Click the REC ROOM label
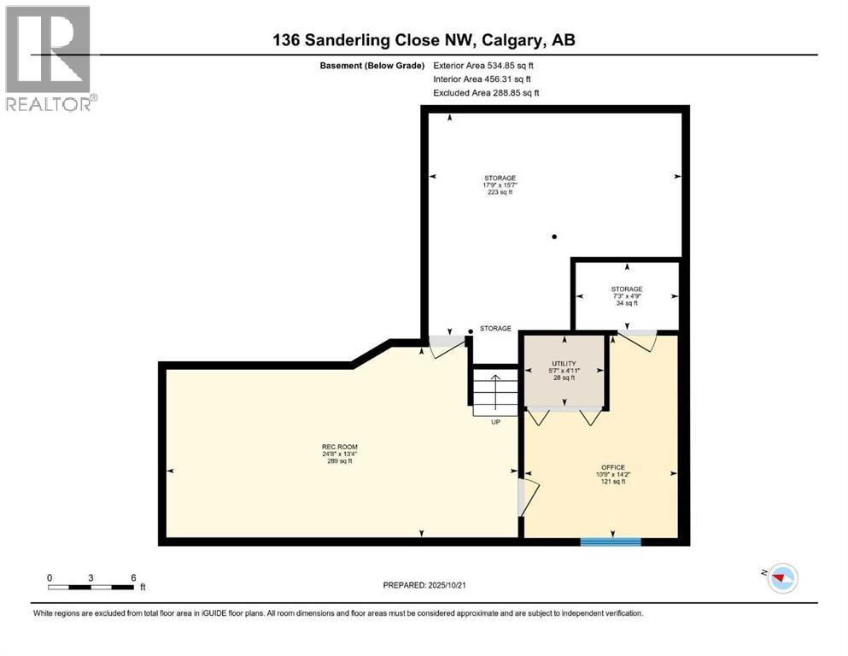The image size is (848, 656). point(339,447)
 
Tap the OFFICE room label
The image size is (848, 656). point(612,467)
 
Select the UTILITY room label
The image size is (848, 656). point(564,363)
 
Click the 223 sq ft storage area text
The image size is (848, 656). point(500,193)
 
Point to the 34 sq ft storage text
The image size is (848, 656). point(627,303)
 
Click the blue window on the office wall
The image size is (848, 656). point(611,541)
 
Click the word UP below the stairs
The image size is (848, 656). point(495,422)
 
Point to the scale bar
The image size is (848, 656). point(91,587)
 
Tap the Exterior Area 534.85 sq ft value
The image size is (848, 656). point(486,65)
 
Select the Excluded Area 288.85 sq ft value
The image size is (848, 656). point(486,92)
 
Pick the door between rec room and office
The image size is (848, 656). point(526,498)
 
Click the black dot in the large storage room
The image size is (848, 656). point(554,237)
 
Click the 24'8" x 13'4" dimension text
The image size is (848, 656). point(339,454)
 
